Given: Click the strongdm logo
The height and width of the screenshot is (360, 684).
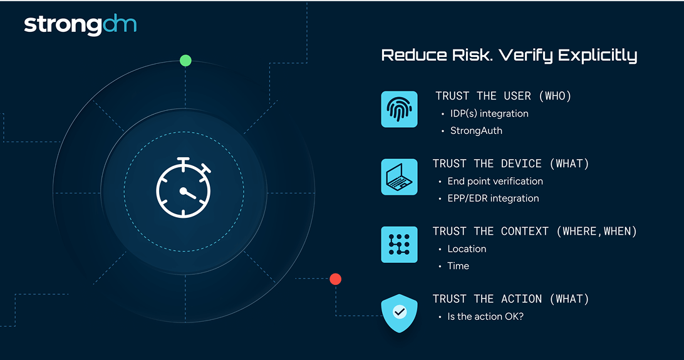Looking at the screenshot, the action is coord(80,25).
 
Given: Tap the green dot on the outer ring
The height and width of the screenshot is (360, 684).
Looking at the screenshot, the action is coord(186,61).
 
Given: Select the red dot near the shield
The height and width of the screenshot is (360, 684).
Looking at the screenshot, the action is coord(336,279).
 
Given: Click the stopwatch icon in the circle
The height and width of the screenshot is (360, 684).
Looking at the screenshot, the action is coord(184,187).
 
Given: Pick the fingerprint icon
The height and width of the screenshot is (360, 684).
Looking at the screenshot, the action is coord(399,110).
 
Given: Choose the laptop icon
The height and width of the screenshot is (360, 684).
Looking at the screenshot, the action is coord(399,177).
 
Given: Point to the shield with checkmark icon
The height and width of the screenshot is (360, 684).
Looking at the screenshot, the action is coord(399,313).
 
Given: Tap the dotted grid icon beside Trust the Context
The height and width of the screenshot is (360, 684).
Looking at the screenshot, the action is coord(399,245).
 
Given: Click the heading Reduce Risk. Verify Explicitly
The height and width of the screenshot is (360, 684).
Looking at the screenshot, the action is coord(509,56).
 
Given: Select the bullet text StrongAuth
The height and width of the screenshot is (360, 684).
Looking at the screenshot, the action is coord(476,131).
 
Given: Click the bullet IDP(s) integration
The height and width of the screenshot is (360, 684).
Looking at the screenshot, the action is coord(489,114).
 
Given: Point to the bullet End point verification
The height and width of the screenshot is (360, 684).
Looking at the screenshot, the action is coord(495,182).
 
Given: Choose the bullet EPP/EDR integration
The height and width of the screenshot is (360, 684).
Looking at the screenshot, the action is coord(493,198).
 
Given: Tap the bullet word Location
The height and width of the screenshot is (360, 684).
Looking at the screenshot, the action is coord(467,249).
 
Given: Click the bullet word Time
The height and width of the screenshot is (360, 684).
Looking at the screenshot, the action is coord(458,266).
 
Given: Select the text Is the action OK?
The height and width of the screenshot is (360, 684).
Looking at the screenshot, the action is coord(485,316).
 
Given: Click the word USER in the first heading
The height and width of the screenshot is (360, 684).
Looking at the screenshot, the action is coord(517,96).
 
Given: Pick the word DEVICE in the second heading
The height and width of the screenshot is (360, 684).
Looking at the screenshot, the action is coord(521,163).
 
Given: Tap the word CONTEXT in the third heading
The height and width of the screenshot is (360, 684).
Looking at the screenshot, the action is coord(524,231).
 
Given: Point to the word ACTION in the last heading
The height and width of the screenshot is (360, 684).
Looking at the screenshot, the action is coord(521,299).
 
